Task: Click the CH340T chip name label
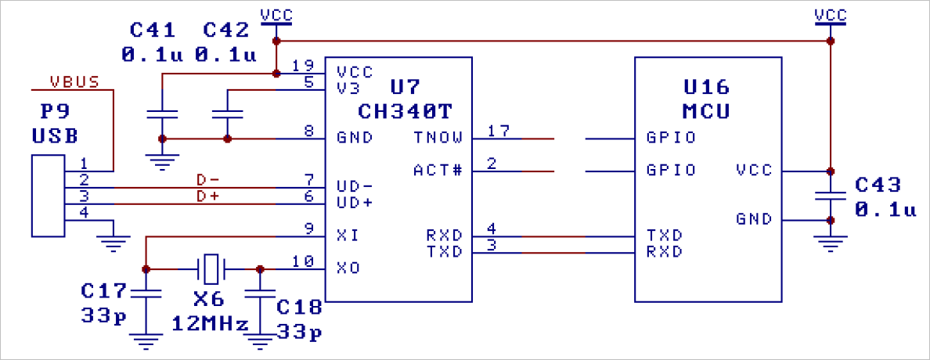405,109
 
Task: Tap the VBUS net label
74,81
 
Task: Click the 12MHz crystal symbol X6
211,268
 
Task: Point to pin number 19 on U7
302,66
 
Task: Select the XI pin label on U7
348,235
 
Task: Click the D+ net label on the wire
207,196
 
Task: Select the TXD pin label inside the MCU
664,235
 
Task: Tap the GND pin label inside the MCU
755,218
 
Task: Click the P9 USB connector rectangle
47,196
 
